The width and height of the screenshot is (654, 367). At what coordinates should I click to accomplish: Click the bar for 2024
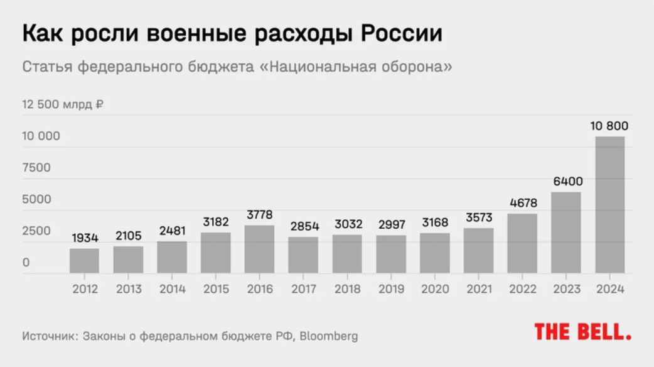click(x=609, y=205)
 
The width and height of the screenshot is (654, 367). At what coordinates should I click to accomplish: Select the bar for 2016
click(x=259, y=249)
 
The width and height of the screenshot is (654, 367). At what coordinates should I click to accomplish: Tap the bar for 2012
click(x=84, y=261)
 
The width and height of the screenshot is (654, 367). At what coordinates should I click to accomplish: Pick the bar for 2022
click(x=522, y=243)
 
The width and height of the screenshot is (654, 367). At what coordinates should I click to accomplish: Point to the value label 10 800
click(x=609, y=126)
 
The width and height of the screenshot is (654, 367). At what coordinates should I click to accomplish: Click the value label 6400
click(x=567, y=182)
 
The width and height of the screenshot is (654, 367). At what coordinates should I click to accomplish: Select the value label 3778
click(x=259, y=216)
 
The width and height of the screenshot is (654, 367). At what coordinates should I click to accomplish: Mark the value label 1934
click(x=84, y=238)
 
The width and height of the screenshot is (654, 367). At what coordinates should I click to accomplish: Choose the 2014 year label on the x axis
click(x=172, y=289)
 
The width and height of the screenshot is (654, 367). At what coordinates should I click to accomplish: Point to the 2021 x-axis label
click(x=479, y=289)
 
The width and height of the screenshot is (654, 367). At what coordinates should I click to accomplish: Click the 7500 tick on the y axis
click(x=37, y=168)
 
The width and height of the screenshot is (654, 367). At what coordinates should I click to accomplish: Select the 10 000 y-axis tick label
click(x=41, y=136)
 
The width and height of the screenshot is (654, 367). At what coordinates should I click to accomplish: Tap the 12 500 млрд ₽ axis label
click(x=63, y=104)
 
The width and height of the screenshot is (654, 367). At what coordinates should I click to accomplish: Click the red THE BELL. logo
click(x=582, y=332)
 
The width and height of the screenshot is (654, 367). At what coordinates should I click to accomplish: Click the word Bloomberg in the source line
click(x=328, y=336)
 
